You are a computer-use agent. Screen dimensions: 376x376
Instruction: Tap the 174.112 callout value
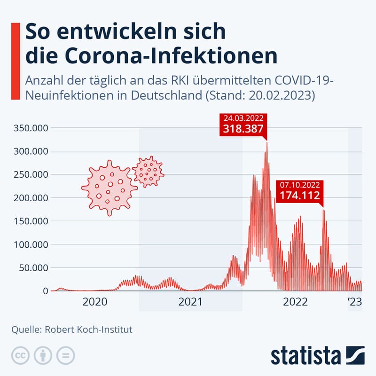click(x=300, y=195)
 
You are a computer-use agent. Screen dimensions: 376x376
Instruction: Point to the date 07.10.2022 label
click(x=300, y=184)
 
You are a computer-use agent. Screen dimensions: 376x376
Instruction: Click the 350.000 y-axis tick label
click(x=30, y=128)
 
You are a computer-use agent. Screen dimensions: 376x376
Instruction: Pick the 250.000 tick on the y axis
click(x=30, y=175)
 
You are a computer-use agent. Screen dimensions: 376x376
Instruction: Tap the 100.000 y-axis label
click(x=30, y=244)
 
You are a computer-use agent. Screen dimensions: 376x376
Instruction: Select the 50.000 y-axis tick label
click(x=32, y=268)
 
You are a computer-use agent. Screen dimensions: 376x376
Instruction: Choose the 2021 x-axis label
click(x=190, y=302)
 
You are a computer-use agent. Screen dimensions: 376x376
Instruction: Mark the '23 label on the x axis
click(x=354, y=302)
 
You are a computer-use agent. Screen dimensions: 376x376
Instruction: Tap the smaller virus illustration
click(x=149, y=172)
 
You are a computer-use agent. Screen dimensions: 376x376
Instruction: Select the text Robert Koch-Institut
click(x=88, y=329)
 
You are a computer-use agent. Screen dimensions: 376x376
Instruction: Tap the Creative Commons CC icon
click(x=21, y=355)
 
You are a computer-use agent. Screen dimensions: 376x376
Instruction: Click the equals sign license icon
click(x=65, y=355)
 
